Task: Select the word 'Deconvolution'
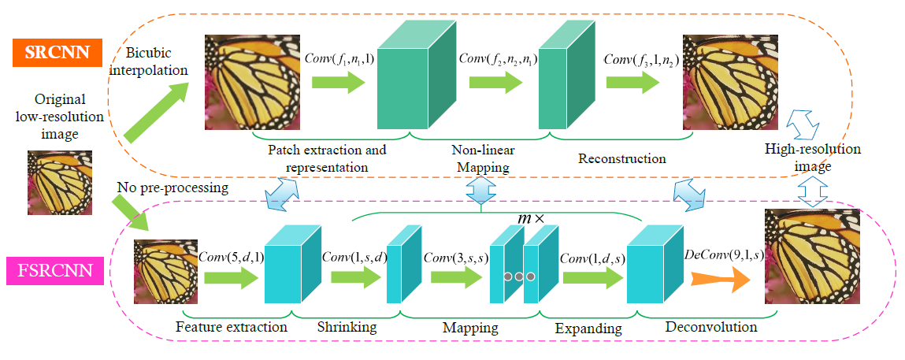[711, 325]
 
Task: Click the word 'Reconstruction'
[621, 158]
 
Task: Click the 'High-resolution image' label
[812, 157]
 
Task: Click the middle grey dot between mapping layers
[519, 276]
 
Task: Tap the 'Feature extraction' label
[220, 325]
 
